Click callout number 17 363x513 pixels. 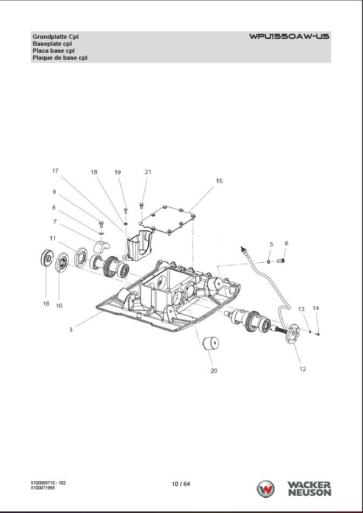55,171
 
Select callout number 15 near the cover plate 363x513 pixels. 219,181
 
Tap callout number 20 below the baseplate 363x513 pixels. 214,370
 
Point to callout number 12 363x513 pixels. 303,369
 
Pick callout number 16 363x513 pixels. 46,304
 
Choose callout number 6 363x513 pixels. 286,243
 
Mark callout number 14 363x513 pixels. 316,308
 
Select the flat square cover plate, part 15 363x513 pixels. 167,222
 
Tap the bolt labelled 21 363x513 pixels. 141,205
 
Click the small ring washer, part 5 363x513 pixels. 269,262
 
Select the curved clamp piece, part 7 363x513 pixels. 102,247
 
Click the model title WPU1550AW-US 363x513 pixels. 289,37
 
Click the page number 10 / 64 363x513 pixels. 181,483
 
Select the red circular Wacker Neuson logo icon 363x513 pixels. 266,489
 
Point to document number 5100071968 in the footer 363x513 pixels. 47,487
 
